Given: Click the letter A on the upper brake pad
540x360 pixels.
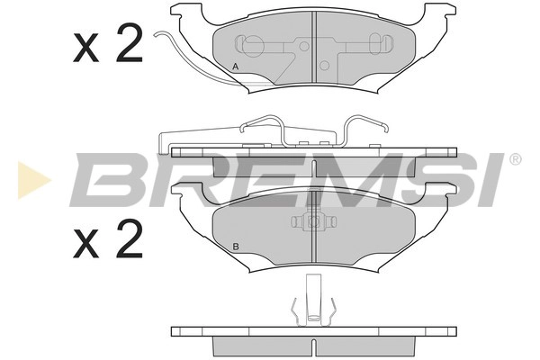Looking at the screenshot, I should (x=236, y=67).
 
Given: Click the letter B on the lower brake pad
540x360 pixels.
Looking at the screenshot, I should (x=235, y=247).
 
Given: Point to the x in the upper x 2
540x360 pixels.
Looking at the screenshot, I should (x=85, y=49).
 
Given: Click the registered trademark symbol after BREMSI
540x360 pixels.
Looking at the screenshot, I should (x=515, y=159).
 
